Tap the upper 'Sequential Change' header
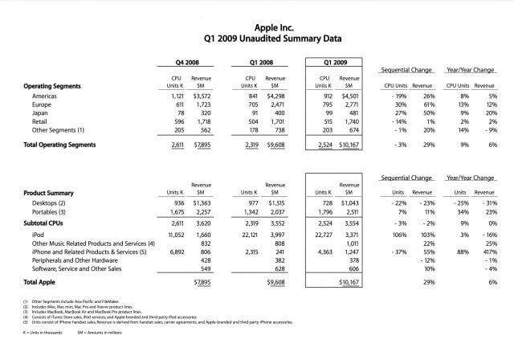408,71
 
